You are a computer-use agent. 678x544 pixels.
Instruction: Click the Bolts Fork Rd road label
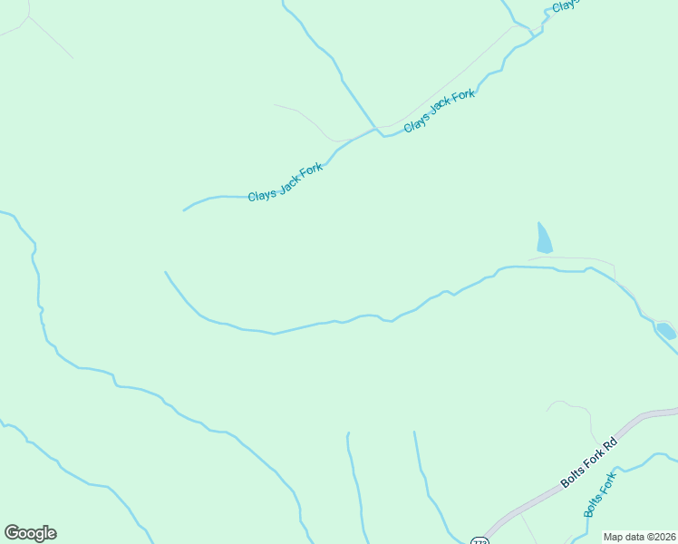point(588,462)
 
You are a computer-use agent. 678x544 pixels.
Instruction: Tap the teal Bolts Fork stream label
point(600,494)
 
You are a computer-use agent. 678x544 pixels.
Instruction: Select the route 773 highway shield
point(480,540)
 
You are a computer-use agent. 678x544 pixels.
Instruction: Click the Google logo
point(30,533)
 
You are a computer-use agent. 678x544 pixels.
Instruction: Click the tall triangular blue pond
point(543,239)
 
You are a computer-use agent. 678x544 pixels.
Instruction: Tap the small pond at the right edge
point(666,330)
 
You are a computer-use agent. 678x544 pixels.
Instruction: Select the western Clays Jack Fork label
point(285,182)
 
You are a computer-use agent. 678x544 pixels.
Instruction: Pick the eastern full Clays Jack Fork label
point(440,111)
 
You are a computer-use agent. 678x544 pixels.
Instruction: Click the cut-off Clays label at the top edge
point(564,5)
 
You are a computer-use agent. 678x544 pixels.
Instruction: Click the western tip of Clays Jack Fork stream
point(184,210)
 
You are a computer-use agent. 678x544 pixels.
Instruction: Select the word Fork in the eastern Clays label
point(462,97)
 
